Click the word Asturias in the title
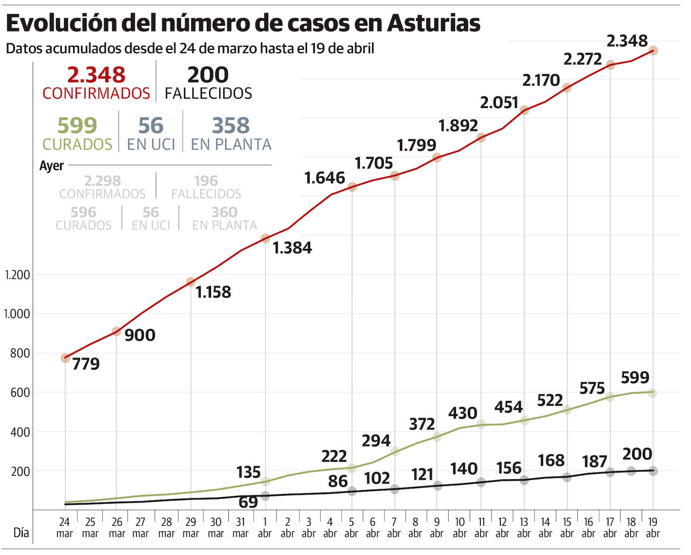[434, 23]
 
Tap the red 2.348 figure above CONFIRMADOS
[96, 75]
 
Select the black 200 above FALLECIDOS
[208, 75]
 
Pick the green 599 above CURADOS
[77, 125]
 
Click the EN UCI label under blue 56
[151, 145]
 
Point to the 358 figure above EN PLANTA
[230, 125]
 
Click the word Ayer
[52, 166]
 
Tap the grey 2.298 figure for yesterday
[103, 180]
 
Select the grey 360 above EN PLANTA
[224, 212]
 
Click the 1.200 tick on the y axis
[18, 275]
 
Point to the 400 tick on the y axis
[20, 432]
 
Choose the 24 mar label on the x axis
[64, 527]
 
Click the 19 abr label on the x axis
[653, 527]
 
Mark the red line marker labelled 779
[65, 358]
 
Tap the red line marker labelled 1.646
[352, 187]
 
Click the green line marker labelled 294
[395, 451]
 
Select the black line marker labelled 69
[266, 496]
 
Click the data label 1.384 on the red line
[292, 248]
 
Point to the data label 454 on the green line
[508, 407]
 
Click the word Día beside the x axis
[21, 532]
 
